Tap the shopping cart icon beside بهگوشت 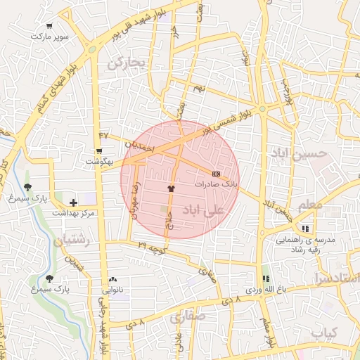98,150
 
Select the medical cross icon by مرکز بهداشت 73,202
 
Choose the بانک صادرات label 217,184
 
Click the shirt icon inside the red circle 170,188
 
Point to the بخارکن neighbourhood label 126,63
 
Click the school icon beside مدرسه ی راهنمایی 305,229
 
